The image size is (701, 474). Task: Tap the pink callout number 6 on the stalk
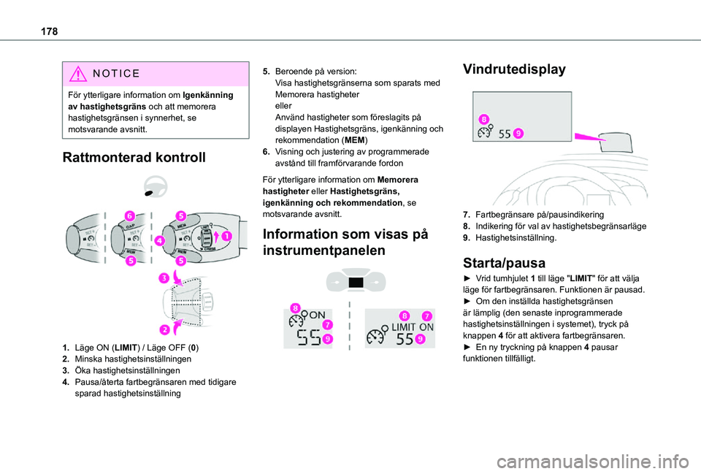point(129,215)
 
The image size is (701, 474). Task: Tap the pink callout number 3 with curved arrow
point(165,278)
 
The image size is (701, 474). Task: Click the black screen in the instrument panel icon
point(357,282)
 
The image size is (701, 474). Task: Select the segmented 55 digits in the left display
point(310,337)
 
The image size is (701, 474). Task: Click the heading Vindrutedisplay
point(513,69)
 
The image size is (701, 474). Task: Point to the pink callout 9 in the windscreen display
point(517,133)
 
